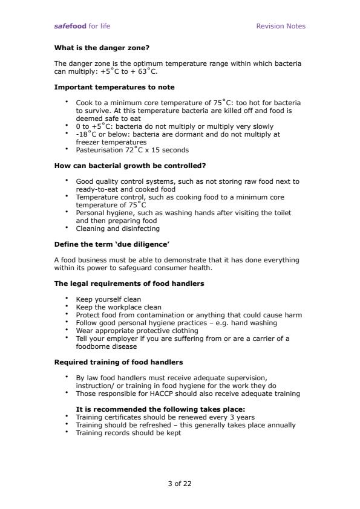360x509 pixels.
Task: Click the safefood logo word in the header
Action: click(70, 26)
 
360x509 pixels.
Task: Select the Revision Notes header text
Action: click(281, 26)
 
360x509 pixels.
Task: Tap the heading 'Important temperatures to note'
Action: click(114, 87)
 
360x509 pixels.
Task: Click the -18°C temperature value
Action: click(87, 134)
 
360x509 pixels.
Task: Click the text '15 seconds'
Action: click(172, 150)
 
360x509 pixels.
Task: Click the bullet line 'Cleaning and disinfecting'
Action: click(117, 229)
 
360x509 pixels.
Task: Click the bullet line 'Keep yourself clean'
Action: click(108, 299)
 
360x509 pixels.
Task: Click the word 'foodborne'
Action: click(92, 346)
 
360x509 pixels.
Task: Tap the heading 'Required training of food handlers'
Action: click(119, 362)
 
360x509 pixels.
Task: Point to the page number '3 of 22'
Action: click(180, 483)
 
